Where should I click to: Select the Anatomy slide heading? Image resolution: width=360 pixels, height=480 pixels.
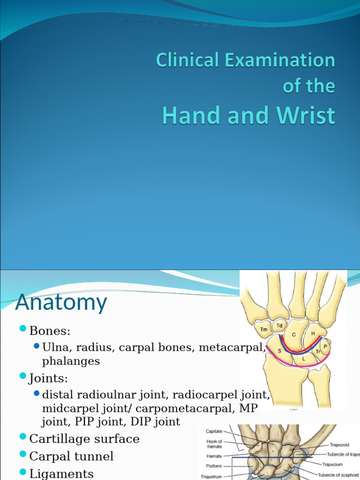[x=61, y=302]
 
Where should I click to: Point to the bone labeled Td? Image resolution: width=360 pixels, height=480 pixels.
[x=279, y=325]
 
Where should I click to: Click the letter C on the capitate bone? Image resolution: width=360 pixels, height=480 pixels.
[x=294, y=335]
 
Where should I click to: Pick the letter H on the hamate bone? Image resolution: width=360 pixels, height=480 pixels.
[x=312, y=333]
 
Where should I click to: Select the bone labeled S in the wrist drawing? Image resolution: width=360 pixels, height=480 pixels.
[x=279, y=351]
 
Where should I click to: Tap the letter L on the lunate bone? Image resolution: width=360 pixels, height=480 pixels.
[x=304, y=358]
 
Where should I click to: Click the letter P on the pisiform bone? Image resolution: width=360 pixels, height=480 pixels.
[x=325, y=346]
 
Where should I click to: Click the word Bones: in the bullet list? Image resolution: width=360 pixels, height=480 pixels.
[x=50, y=331]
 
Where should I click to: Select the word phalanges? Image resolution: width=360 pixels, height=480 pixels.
[x=71, y=361]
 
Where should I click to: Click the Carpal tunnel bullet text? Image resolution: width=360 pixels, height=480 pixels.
[x=71, y=456]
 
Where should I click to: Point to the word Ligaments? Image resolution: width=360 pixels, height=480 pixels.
[x=61, y=473]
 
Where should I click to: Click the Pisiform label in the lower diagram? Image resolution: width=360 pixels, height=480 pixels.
[x=214, y=466]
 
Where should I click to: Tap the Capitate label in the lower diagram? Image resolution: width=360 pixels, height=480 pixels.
[x=214, y=431]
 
